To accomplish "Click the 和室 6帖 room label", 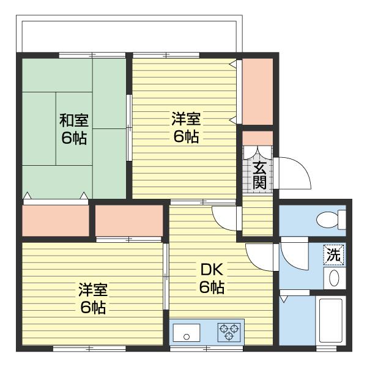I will coord(73,128).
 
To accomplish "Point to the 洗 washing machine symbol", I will coord(333,254).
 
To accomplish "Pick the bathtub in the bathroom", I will coord(332,321).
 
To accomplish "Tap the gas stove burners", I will coord(229,332).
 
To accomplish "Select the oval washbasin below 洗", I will coord(334,277).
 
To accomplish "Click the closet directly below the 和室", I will coord(55,220).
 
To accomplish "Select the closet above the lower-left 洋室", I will coord(129,220).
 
